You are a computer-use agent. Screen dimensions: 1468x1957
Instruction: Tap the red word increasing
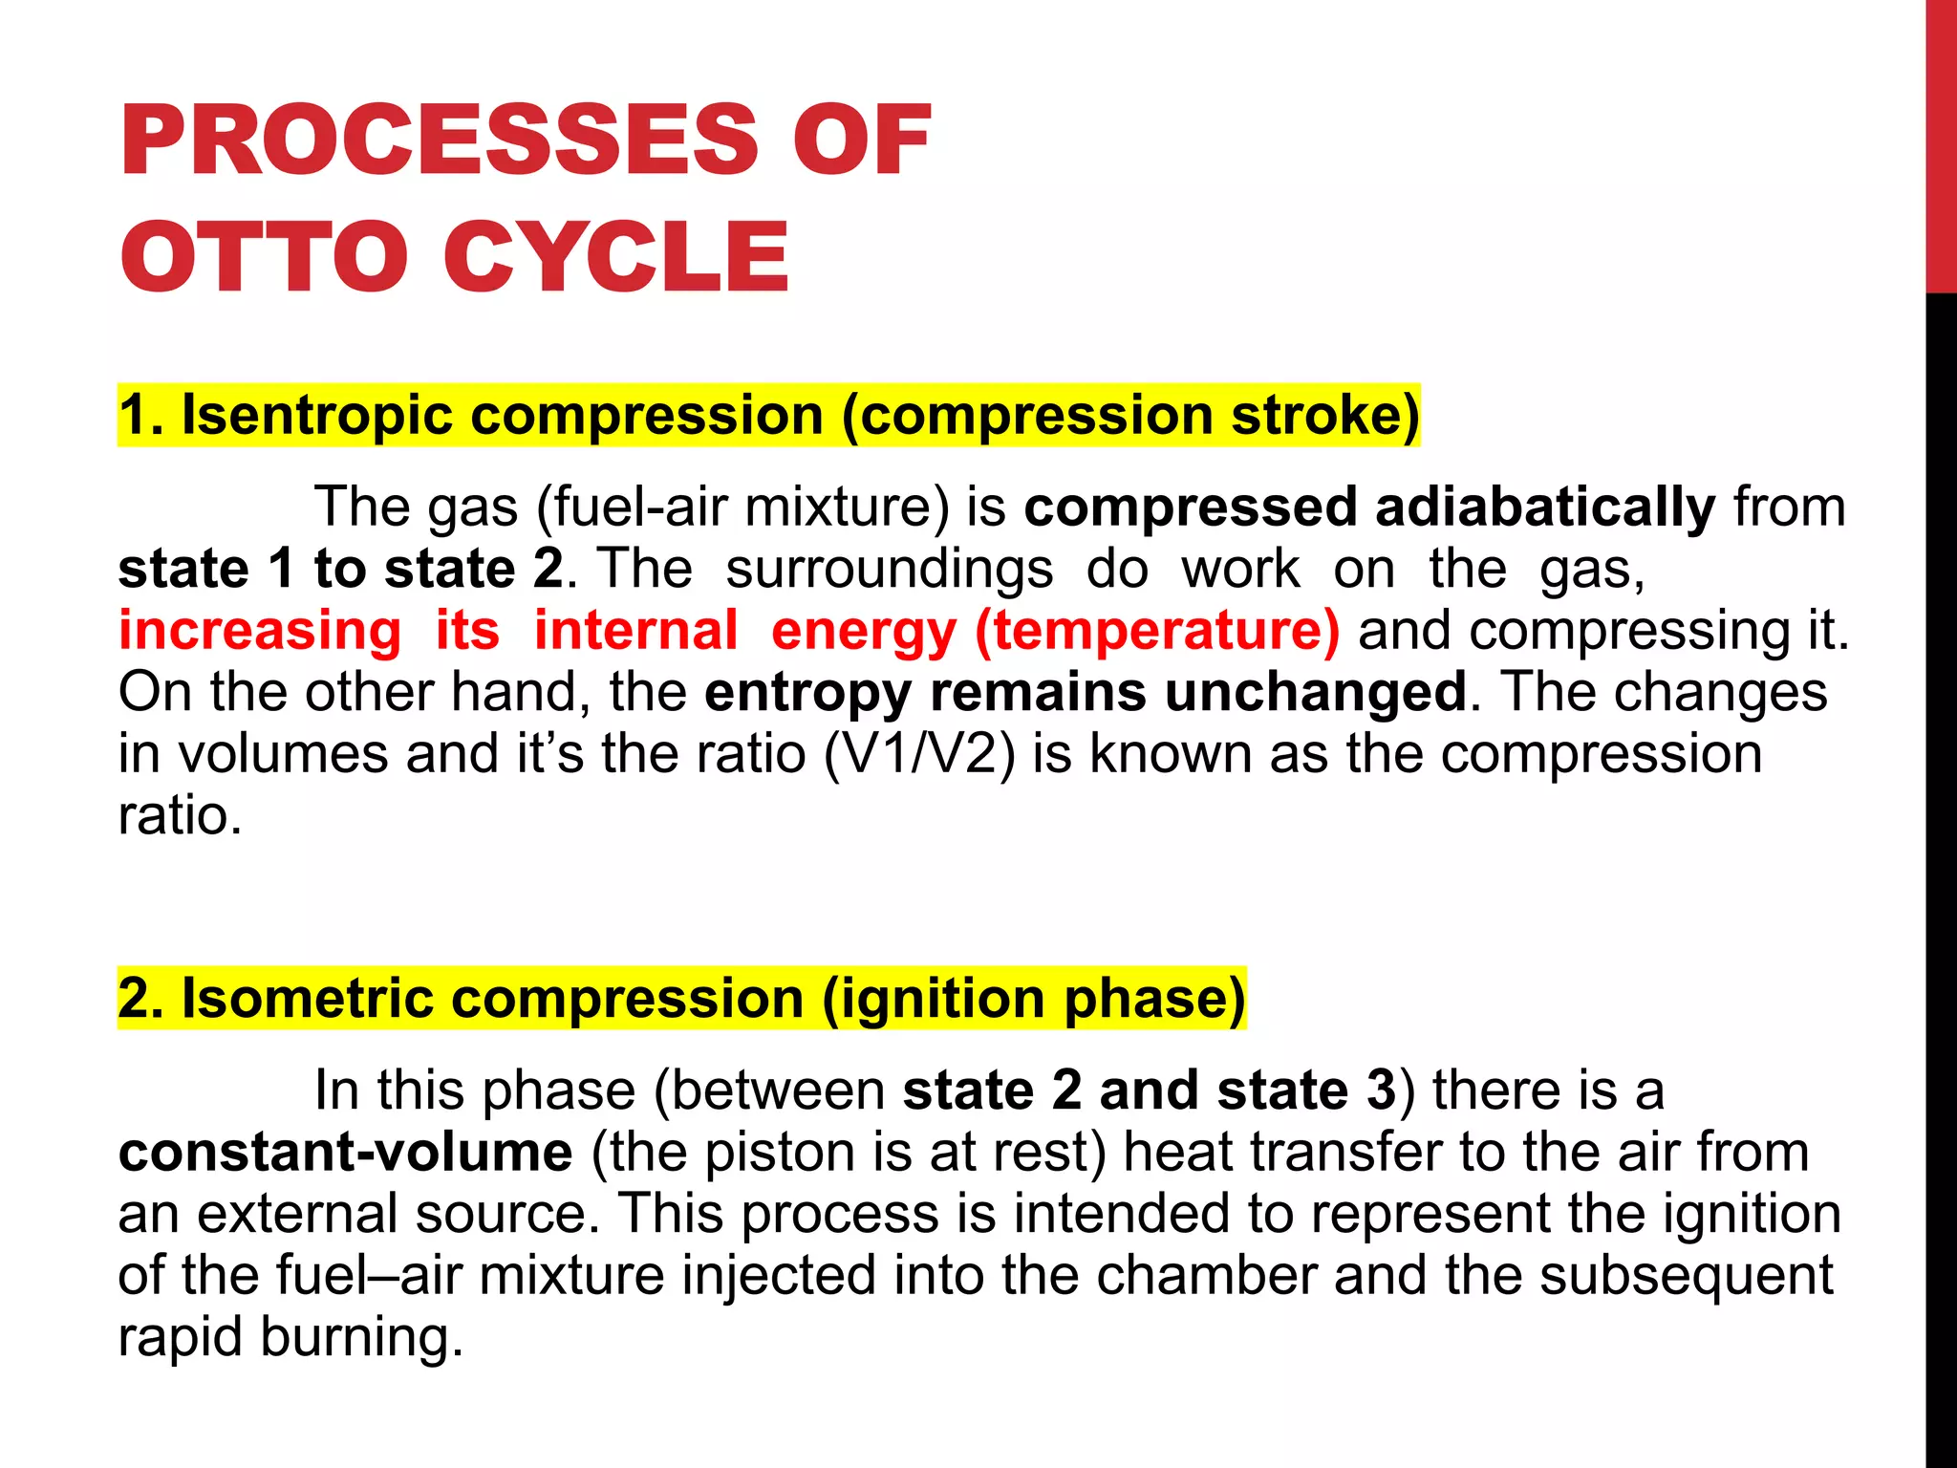259,631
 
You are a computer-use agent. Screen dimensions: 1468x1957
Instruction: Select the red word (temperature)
1157,631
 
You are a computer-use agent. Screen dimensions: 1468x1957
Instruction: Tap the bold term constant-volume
345,1152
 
